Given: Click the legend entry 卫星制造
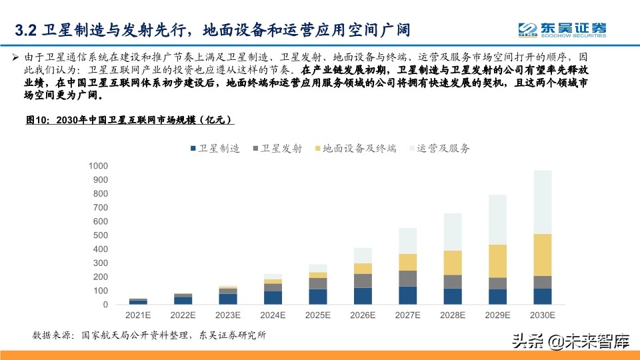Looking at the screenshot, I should click(x=214, y=149).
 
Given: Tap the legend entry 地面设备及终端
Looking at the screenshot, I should click(x=353, y=149).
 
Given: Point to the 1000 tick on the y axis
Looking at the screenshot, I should click(x=98, y=166).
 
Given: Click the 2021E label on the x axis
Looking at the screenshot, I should click(x=138, y=315).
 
